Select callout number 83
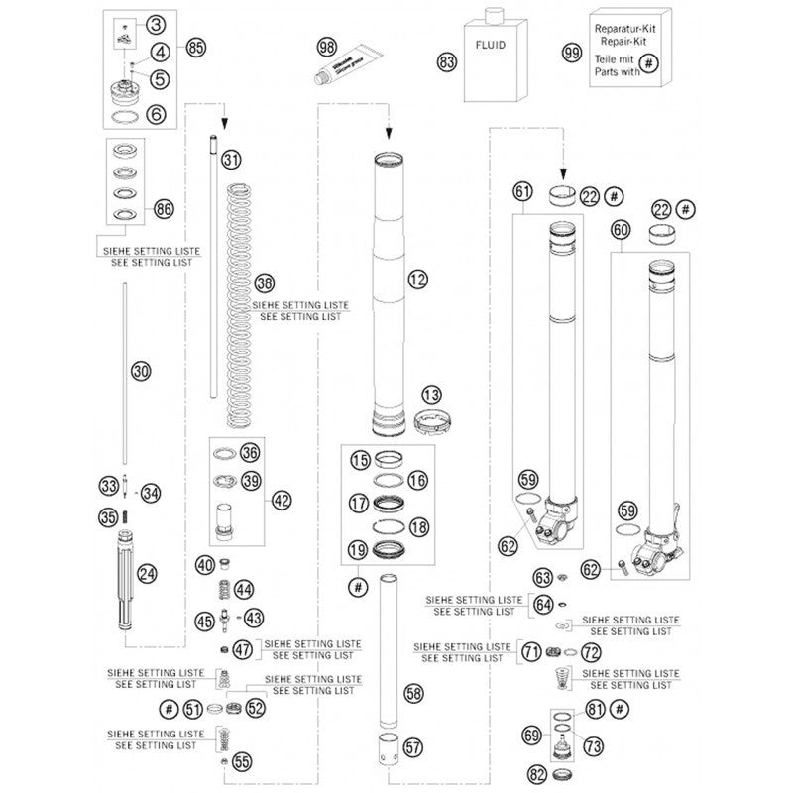pos(448,61)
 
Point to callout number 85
pos(195,47)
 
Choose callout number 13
pos(430,396)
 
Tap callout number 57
pos(412,747)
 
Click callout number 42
pos(283,501)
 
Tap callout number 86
pos(165,208)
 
